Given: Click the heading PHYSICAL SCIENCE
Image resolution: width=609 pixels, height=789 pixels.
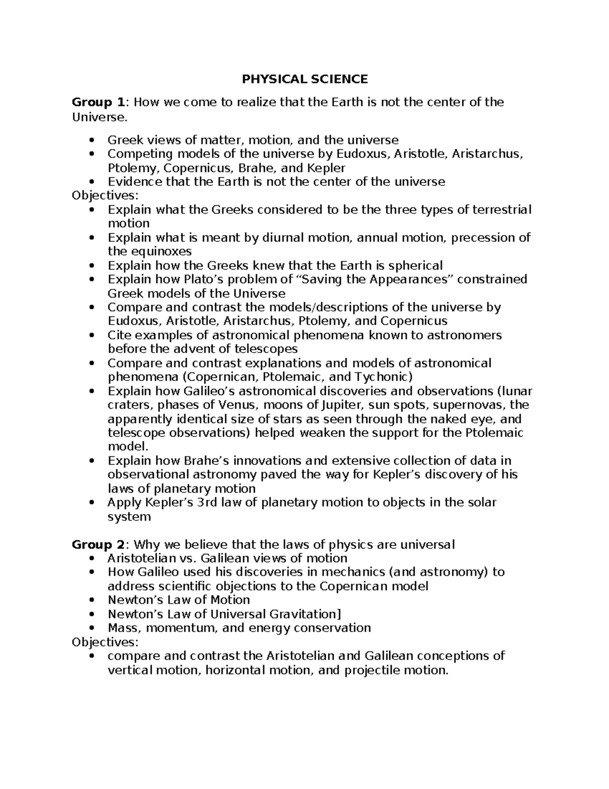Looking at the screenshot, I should click(x=304, y=79).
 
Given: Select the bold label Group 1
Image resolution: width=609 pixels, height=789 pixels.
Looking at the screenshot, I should click(x=98, y=103).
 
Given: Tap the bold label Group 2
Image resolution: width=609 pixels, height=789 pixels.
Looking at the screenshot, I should click(x=98, y=545).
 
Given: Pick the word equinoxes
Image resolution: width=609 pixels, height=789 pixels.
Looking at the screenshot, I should click(x=161, y=251).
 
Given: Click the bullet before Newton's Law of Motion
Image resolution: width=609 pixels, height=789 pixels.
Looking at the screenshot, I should click(x=92, y=600).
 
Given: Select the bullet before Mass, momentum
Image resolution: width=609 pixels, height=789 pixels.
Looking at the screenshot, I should click(x=92, y=628).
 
